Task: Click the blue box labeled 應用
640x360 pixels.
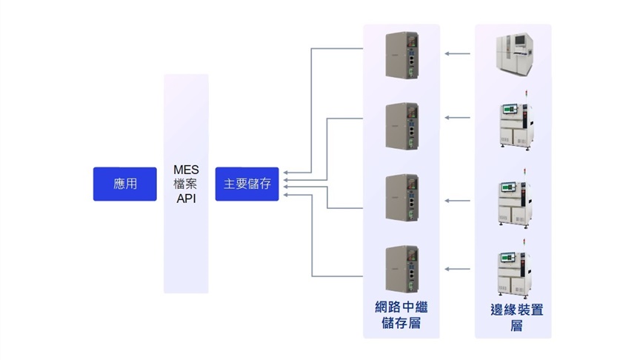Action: point(124,184)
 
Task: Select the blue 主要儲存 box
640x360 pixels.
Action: point(247,184)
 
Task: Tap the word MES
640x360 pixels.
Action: point(186,170)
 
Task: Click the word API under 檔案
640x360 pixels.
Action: point(186,199)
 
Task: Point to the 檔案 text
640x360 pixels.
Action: point(186,184)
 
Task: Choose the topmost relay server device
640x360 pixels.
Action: point(401,54)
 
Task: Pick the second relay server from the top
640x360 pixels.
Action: point(401,126)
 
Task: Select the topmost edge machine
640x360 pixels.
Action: point(514,53)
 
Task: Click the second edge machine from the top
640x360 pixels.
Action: point(515,123)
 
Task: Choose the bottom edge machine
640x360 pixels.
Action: point(515,269)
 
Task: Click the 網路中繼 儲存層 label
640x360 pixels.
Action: point(401,315)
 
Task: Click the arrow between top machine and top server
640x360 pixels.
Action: point(458,53)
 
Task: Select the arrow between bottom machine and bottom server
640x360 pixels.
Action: point(458,268)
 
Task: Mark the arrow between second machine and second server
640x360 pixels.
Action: point(458,118)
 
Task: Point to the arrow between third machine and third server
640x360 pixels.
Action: point(458,201)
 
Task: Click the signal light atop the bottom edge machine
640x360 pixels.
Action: point(525,242)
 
